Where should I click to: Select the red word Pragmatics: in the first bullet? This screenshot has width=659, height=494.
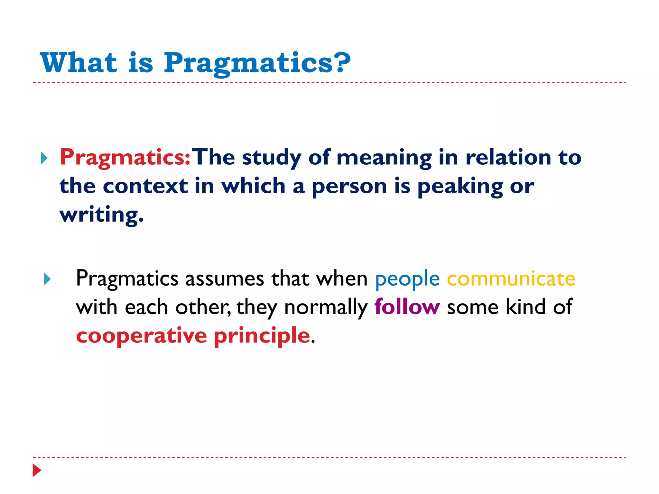click(x=125, y=157)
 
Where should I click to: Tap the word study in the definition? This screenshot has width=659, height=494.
click(x=272, y=158)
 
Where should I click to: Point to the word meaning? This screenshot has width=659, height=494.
click(x=384, y=158)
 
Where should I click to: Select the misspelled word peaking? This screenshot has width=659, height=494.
click(x=460, y=187)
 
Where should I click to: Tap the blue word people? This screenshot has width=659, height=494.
click(x=407, y=279)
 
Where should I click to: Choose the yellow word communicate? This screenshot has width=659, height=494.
click(x=511, y=278)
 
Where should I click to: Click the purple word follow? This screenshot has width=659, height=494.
click(x=407, y=306)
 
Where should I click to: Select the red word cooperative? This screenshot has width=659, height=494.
click(x=142, y=335)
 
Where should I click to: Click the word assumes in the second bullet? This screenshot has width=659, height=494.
click(x=225, y=278)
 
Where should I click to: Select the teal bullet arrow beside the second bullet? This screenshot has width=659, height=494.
click(x=47, y=279)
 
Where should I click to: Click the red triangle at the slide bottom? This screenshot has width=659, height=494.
click(x=37, y=470)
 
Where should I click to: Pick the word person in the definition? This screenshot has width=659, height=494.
click(x=349, y=187)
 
